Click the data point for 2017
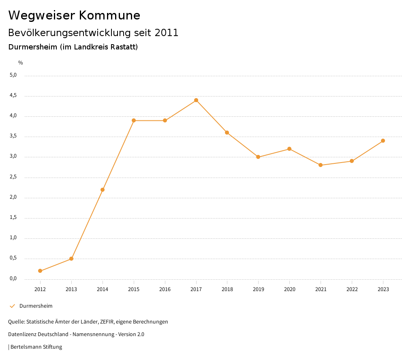pyautogui.click(x=196, y=100)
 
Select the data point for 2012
pyautogui.click(x=40, y=271)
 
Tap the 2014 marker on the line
pyautogui.click(x=103, y=190)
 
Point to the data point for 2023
pyautogui.click(x=383, y=141)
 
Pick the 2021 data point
pyautogui.click(x=321, y=165)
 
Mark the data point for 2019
pyautogui.click(x=258, y=157)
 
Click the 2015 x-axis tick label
pyautogui.click(x=134, y=289)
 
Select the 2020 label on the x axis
pyautogui.click(x=289, y=289)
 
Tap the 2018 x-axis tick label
pyautogui.click(x=227, y=289)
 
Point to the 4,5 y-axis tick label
pyautogui.click(x=13, y=96)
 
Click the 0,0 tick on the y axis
pyautogui.click(x=13, y=279)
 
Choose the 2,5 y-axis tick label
pyautogui.click(x=13, y=177)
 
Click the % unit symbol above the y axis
pyautogui.click(x=21, y=63)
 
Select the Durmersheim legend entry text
pyautogui.click(x=36, y=306)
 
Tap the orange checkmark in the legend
pyautogui.click(x=12, y=306)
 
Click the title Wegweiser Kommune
pyautogui.click(x=74, y=15)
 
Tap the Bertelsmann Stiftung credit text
pyautogui.click(x=36, y=347)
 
